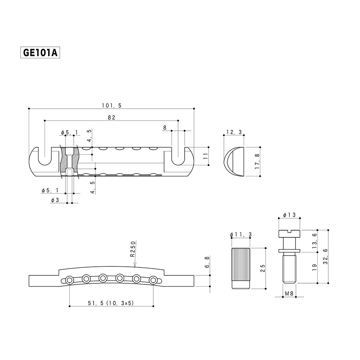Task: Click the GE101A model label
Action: coord(40,53)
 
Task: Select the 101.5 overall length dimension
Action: coord(112,105)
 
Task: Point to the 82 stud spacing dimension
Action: coord(111,118)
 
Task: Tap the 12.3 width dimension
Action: coord(234,132)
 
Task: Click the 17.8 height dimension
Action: coord(257,162)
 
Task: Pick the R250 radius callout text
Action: coord(133,249)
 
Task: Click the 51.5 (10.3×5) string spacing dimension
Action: coord(111,303)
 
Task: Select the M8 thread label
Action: coord(289,293)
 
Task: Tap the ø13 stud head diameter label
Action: coord(289,215)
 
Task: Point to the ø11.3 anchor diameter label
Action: coord(240,235)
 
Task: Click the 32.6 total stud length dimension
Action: coord(325,256)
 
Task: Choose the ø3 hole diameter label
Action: coord(55,200)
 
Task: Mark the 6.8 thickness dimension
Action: coord(207,262)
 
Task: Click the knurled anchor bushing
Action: coord(240,269)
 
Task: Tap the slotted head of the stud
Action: coord(289,234)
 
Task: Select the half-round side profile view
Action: coord(234,162)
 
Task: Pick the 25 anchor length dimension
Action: coord(263,268)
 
